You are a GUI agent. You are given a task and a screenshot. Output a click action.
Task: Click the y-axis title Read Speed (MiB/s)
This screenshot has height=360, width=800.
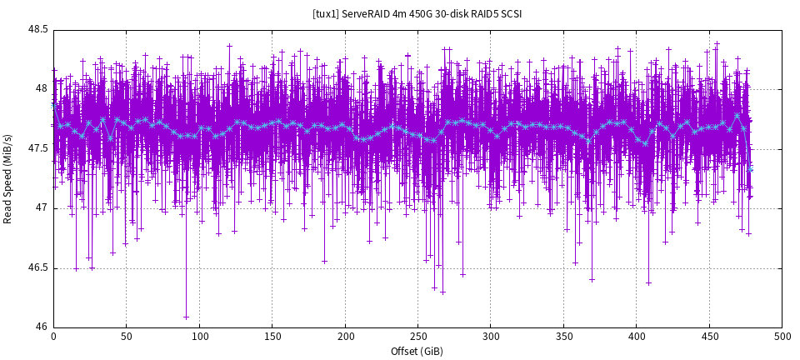pos(8,178)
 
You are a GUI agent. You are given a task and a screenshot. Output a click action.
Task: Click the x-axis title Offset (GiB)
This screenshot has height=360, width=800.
pos(417,351)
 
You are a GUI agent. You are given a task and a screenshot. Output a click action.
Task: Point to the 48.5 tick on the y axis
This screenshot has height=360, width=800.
pos(37,29)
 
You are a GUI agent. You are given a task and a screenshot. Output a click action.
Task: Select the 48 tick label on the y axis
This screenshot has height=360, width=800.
pos(41,88)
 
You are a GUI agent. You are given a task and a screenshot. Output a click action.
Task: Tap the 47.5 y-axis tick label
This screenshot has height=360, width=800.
pos(37,148)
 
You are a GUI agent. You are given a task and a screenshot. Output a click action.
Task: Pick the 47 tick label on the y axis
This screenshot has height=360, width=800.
pos(41,207)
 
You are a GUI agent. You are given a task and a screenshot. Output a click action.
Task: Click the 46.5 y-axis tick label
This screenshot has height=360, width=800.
pos(37,267)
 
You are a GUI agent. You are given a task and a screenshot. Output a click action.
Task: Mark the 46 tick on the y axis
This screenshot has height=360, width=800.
pos(41,327)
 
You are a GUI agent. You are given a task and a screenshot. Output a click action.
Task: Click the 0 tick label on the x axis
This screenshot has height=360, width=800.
pos(53,337)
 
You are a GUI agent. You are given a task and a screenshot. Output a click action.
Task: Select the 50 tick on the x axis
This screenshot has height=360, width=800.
pos(126,337)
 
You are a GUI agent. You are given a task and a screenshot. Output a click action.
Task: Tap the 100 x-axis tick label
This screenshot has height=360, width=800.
pos(199,337)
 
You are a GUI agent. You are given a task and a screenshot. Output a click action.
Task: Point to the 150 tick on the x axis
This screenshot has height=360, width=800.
pos(272,337)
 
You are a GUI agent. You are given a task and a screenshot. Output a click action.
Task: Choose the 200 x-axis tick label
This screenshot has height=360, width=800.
pos(345,337)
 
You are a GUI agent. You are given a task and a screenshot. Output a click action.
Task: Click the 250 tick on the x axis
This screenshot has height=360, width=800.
pos(417,337)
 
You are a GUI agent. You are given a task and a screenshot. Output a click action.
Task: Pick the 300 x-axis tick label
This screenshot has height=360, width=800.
pos(491,337)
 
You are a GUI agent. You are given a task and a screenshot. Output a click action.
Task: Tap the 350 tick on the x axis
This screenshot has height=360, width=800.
pos(563,337)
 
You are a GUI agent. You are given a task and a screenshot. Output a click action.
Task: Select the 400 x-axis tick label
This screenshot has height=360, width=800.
pos(637,337)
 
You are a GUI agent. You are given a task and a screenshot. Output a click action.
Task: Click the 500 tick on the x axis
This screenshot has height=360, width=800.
pos(782,337)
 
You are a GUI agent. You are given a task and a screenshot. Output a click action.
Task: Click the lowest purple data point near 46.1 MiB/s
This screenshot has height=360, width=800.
pos(186,317)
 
